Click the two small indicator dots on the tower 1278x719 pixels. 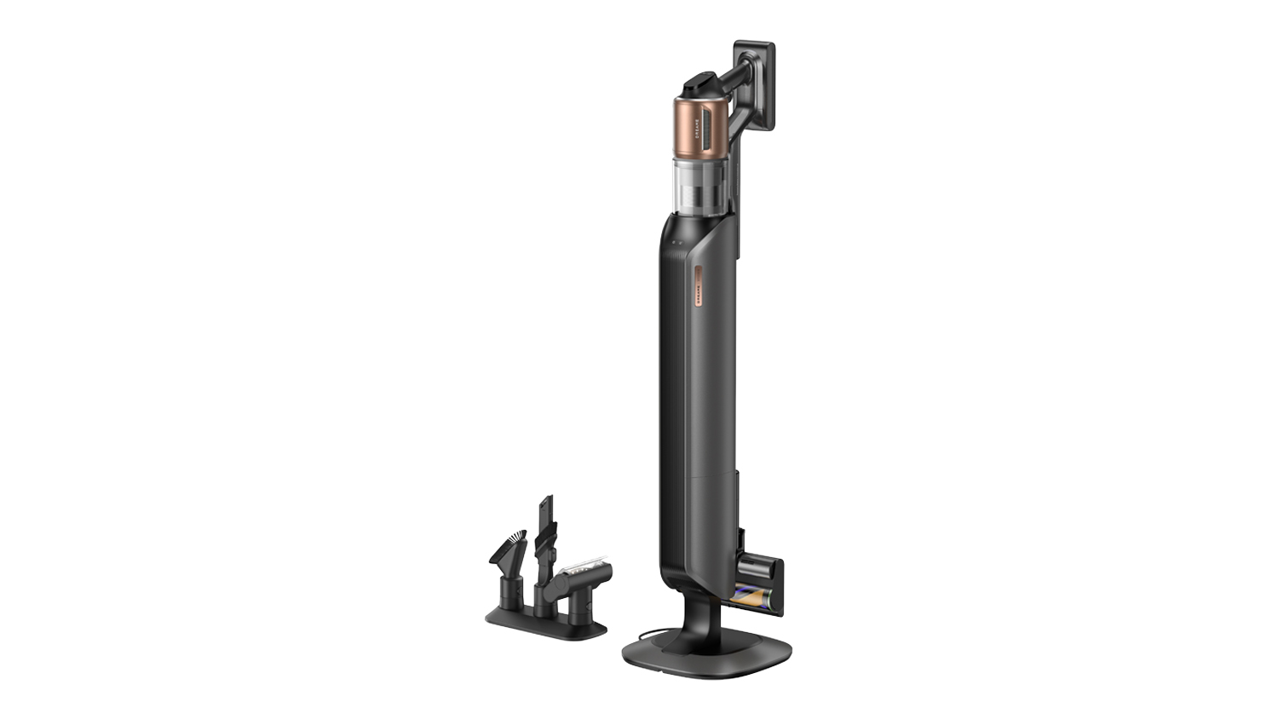[x=675, y=243]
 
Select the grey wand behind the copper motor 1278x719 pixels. [x=745, y=153]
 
